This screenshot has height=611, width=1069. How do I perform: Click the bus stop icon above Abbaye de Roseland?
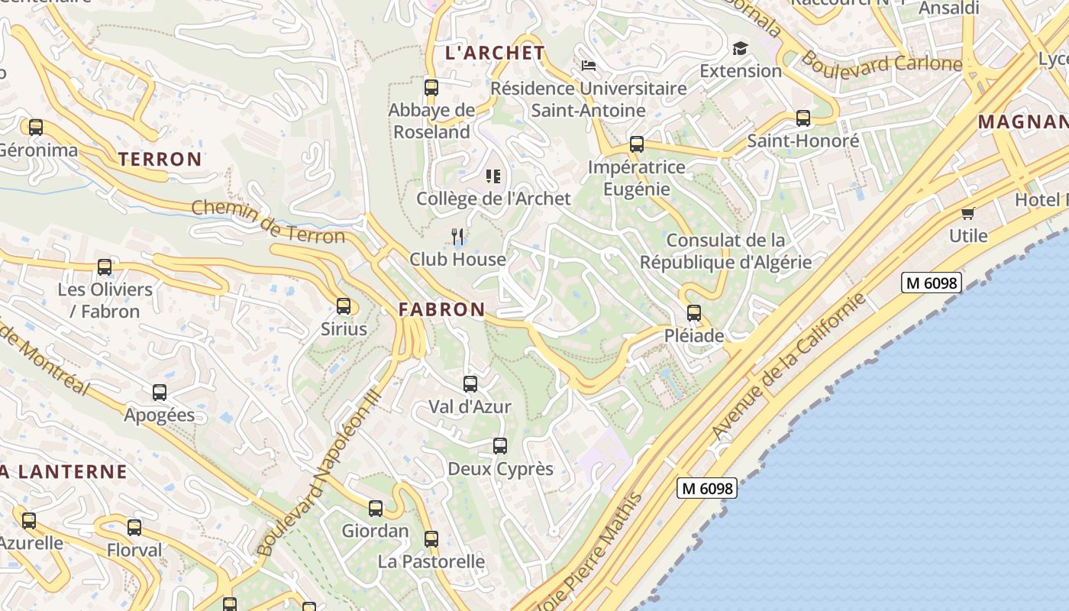(x=431, y=87)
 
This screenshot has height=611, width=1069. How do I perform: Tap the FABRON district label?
(x=441, y=309)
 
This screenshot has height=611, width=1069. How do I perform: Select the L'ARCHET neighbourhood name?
(x=495, y=53)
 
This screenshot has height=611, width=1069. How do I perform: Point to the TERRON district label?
(x=160, y=159)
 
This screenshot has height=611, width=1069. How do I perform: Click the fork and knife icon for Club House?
(x=457, y=236)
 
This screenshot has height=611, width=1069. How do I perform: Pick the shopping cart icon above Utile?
(x=968, y=213)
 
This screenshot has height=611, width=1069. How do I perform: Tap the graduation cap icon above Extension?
(x=740, y=49)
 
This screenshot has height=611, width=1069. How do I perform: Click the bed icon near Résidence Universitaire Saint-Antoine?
(x=589, y=66)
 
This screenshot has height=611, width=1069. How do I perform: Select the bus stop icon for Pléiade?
(x=693, y=312)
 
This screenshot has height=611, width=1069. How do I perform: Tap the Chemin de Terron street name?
(x=268, y=221)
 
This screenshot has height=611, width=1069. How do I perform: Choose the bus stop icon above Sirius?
(x=344, y=306)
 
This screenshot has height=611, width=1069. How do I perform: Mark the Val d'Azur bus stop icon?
(x=470, y=383)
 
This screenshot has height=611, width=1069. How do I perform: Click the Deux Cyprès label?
(x=500, y=468)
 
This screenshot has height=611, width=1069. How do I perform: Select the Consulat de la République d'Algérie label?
(x=725, y=251)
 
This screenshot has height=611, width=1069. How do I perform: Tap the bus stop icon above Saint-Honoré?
(x=803, y=118)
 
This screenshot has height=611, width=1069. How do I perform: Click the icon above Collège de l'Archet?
(x=493, y=176)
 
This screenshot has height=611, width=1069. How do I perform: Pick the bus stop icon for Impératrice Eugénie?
(x=636, y=144)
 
